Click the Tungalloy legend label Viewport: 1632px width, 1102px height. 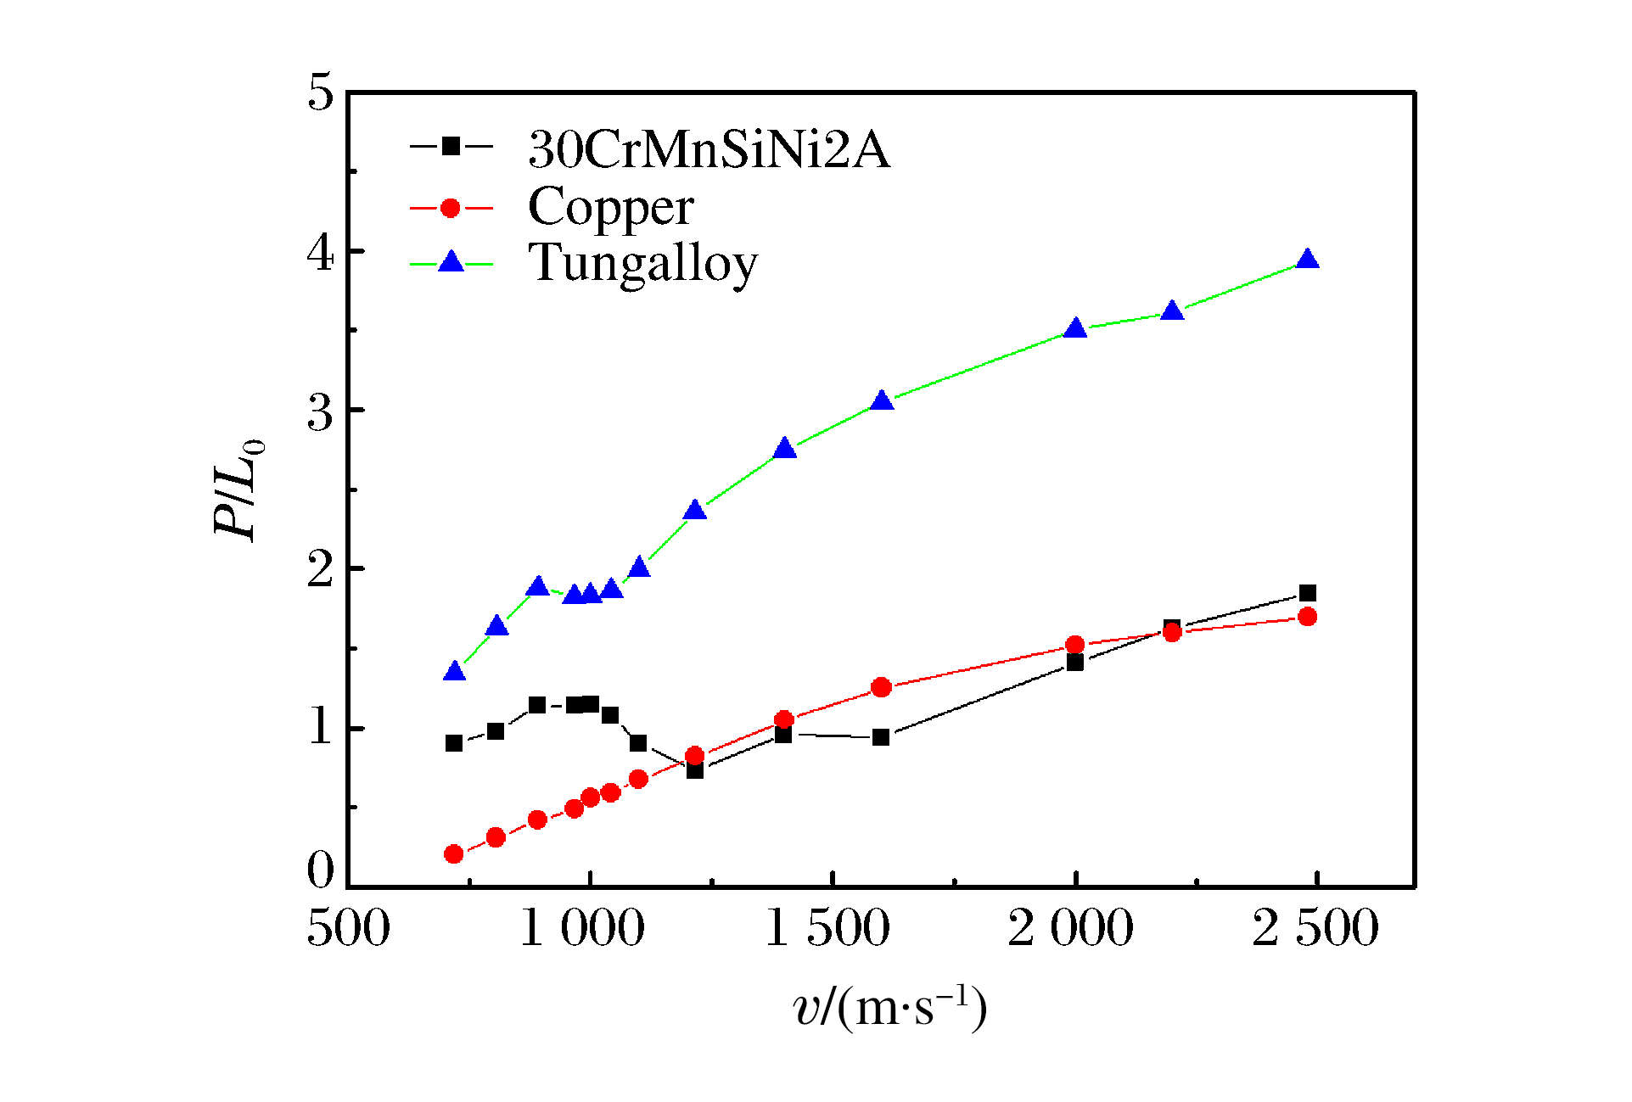tap(642, 263)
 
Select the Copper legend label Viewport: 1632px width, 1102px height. tap(610, 207)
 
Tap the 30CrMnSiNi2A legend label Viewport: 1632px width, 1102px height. tap(709, 150)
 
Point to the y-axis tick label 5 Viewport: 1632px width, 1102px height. tap(321, 92)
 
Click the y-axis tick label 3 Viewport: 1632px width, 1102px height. tap(321, 413)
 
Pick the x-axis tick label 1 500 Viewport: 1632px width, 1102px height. tap(827, 927)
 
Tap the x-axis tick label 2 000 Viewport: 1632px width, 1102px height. tap(1070, 927)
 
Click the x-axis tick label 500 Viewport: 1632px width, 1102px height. tap(348, 927)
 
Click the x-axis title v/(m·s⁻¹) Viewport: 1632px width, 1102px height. tap(889, 1008)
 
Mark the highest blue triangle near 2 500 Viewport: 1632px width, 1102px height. tap(1308, 259)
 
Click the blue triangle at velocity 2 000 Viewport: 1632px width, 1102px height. tap(1075, 327)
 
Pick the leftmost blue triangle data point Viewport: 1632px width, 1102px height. tap(454, 671)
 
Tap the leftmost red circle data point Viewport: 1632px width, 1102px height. tap(453, 853)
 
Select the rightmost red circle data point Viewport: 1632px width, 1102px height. tap(1308, 616)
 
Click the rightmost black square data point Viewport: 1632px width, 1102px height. tap(1308, 593)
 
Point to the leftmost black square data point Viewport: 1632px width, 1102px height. tap(454, 743)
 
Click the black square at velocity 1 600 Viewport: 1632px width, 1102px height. tap(881, 737)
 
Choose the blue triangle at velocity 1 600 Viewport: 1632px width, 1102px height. tap(882, 400)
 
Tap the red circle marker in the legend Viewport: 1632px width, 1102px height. tap(451, 208)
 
